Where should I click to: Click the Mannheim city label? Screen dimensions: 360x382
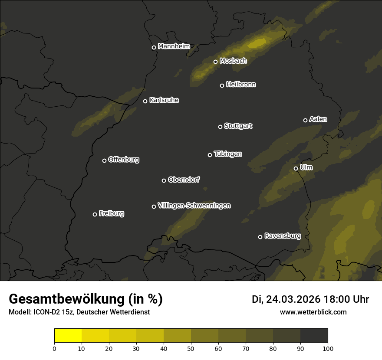(174, 46)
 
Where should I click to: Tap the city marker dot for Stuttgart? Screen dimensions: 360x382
(220, 127)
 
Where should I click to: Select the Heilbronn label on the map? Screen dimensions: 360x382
(241, 85)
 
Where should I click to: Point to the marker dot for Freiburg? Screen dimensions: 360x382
(95, 214)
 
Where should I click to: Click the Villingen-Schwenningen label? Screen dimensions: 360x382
(194, 206)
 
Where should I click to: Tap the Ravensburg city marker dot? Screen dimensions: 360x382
(260, 237)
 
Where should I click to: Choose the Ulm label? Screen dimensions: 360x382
(306, 167)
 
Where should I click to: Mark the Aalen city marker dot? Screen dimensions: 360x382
(305, 120)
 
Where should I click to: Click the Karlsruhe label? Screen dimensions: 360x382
(164, 100)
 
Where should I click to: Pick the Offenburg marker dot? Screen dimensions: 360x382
(104, 160)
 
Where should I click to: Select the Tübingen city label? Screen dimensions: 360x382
(228, 154)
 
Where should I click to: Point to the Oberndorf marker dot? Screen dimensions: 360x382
(164, 180)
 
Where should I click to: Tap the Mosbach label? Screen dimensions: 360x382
(233, 61)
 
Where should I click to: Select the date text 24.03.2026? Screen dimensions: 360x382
(293, 299)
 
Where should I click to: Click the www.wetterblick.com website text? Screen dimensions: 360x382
(313, 312)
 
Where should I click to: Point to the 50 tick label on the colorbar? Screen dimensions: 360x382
(191, 348)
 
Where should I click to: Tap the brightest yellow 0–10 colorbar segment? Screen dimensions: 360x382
(68, 336)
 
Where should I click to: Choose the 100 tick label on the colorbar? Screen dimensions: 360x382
(328, 348)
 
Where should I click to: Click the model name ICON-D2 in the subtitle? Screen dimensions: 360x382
(46, 312)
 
